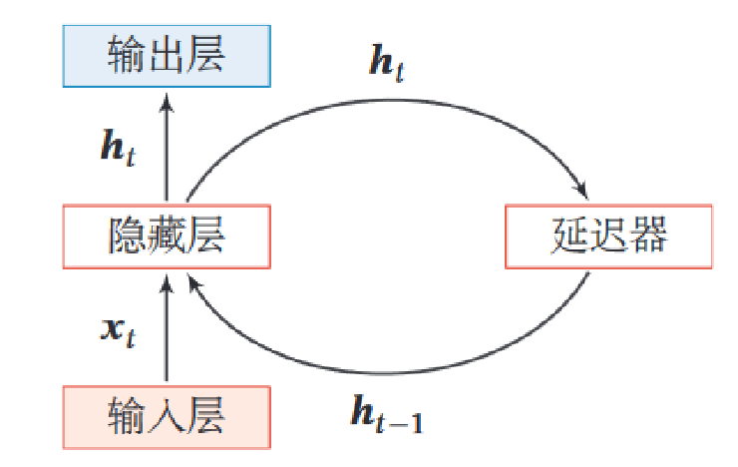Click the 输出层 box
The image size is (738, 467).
(x=167, y=56)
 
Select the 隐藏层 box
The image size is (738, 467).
(x=167, y=237)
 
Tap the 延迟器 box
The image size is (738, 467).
(x=608, y=237)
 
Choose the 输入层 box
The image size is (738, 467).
(x=167, y=417)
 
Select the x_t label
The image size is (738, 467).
(x=118, y=330)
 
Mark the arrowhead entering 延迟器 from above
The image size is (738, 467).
(x=579, y=192)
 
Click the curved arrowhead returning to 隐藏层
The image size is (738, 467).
(x=194, y=284)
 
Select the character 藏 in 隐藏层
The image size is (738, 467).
(x=167, y=237)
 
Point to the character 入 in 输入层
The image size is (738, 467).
(x=167, y=417)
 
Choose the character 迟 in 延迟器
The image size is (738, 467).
(x=608, y=237)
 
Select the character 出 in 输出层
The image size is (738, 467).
(x=167, y=56)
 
